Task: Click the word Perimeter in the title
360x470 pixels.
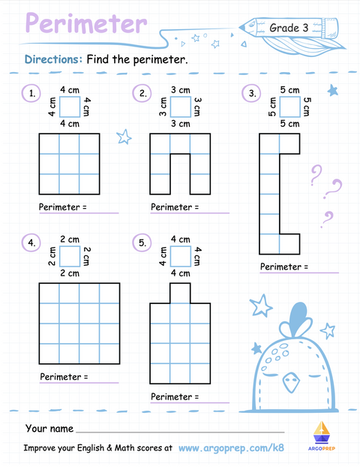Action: click(86, 23)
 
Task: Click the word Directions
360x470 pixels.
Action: click(53, 59)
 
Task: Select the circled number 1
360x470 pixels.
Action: click(31, 93)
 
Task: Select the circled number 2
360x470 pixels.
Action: click(142, 93)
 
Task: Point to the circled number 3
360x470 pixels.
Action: click(251, 93)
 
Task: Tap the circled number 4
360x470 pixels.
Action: click(31, 243)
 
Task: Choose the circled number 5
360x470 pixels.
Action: click(142, 243)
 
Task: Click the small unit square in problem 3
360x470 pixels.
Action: click(290, 107)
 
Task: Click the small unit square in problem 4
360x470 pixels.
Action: click(70, 256)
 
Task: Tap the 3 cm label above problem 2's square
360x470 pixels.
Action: click(181, 90)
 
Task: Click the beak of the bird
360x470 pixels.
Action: click(291, 382)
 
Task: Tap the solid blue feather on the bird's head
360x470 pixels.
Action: click(298, 316)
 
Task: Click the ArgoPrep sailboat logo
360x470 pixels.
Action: click(321, 435)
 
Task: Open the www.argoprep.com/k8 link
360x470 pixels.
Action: click(231, 447)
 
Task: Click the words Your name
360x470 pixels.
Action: click(49, 429)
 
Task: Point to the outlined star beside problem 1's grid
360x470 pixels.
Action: click(124, 137)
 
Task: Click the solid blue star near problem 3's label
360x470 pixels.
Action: click(333, 90)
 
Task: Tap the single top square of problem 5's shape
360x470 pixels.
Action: click(180, 293)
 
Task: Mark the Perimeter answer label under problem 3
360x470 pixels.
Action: click(284, 267)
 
